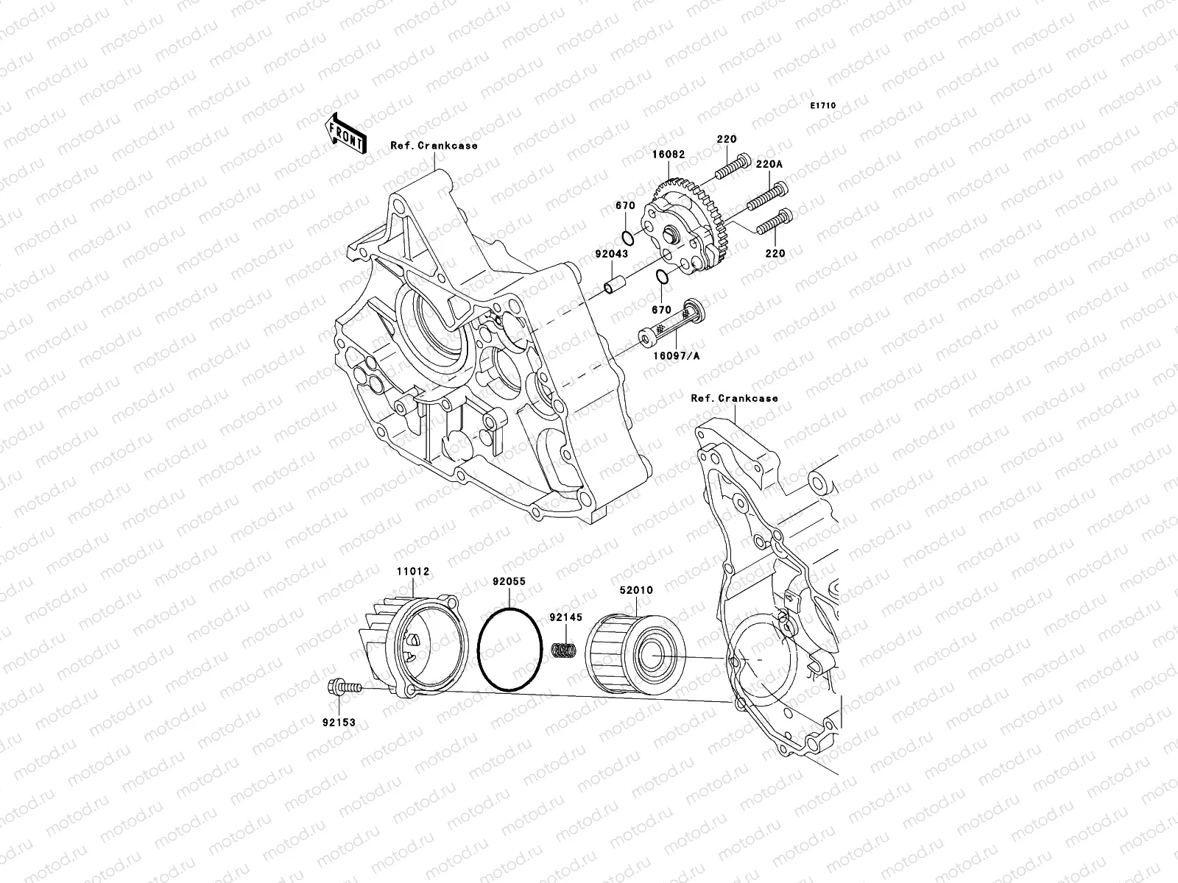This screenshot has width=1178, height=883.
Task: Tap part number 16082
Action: [667, 155]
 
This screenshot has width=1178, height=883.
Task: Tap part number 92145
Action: [565, 618]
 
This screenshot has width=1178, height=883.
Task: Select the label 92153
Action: [338, 723]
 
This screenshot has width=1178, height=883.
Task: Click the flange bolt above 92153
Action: [342, 689]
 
